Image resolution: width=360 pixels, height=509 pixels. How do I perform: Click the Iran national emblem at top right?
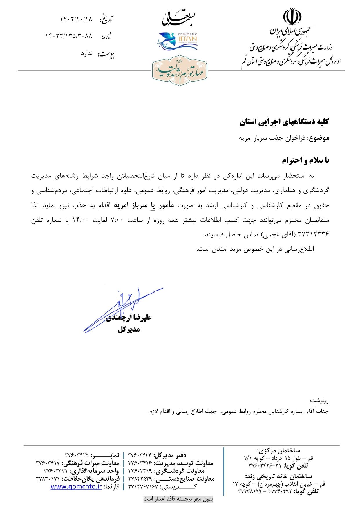tap(290, 17)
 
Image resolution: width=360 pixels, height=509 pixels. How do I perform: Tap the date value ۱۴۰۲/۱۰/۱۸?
tap(76, 19)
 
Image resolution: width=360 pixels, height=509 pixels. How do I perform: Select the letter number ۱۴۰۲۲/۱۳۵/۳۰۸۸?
tap(69, 36)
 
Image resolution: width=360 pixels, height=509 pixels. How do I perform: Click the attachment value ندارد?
tap(87, 53)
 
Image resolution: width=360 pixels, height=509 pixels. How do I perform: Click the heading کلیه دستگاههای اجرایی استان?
tap(285, 122)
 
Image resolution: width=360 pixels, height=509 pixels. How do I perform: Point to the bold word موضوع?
tap(319, 138)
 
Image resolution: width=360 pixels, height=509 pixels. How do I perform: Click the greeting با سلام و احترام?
tap(306, 160)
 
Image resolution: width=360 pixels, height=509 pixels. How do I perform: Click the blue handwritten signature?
tap(125, 307)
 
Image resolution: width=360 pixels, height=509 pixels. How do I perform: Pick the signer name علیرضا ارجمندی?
tap(129, 318)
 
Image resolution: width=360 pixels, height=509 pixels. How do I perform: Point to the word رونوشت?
tap(319, 401)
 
